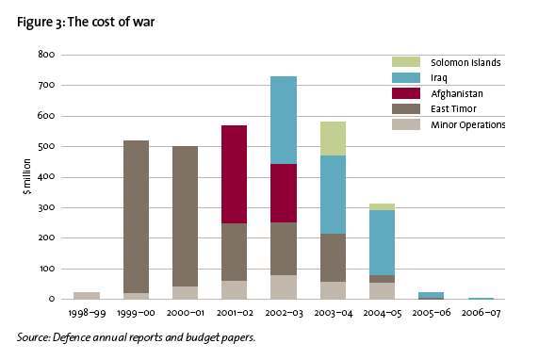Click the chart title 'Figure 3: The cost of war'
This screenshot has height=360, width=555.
coord(86,23)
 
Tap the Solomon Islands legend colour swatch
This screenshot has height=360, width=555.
coord(406,62)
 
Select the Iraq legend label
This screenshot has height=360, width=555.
coord(439,78)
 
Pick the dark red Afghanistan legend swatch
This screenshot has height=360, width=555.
coord(406,93)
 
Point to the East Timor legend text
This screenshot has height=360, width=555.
coord(453,109)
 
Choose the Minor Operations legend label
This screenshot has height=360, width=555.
coord(468,125)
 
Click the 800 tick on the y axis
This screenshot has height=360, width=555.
coord(46,55)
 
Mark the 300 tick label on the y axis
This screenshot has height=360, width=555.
coord(46,207)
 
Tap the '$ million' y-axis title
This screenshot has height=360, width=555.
coord(27,176)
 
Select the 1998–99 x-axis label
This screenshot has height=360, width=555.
coord(87,313)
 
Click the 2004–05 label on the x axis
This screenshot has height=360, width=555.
coord(383,313)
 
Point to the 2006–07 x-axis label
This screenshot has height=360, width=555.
coord(481,313)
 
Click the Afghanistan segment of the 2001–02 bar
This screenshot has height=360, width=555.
coord(234,174)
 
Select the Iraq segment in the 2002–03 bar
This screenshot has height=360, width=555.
coord(284,120)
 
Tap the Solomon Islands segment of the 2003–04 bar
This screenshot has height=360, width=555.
coord(333,139)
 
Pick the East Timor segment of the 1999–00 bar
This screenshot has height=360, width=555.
coord(136,217)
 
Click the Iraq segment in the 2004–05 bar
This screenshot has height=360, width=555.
coord(382,242)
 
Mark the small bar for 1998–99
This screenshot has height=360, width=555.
coord(87,296)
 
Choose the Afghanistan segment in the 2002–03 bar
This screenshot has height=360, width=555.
coord(284,193)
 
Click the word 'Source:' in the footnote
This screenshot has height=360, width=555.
coord(34,337)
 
